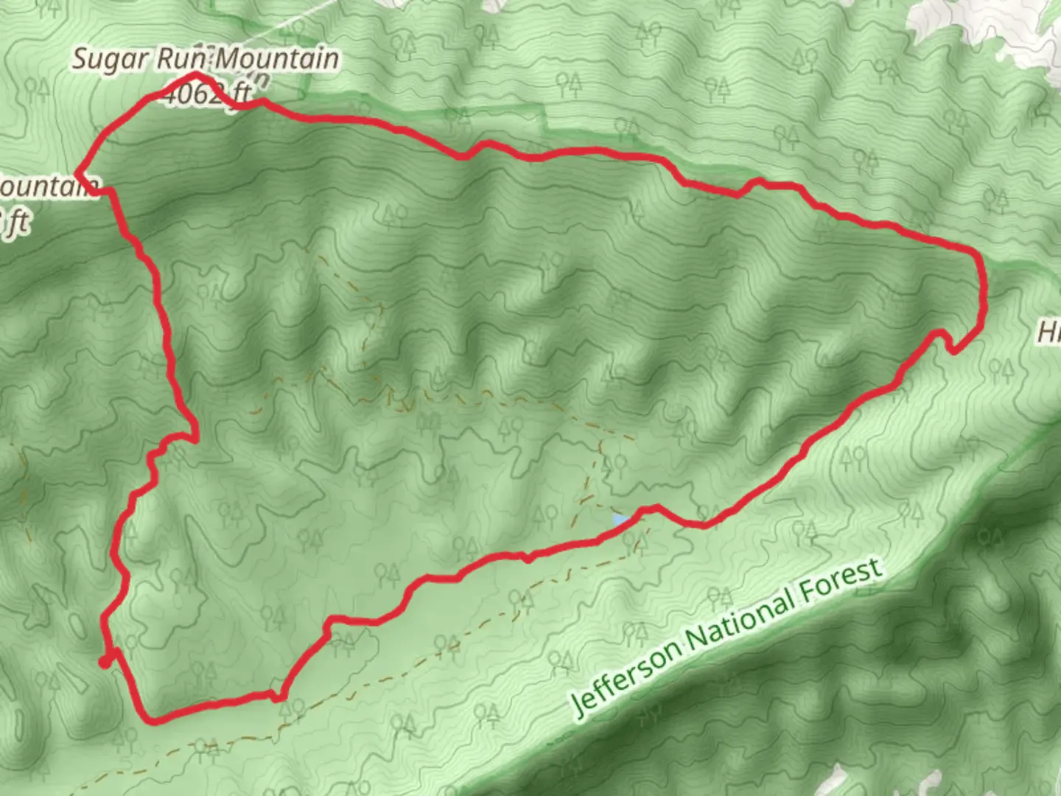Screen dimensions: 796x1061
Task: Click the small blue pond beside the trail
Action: [621, 521]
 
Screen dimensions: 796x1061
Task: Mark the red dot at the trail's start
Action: [105, 663]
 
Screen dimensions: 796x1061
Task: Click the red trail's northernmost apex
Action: [196, 75]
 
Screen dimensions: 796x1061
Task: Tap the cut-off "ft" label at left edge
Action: [16, 222]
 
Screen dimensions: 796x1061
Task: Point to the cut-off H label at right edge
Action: [1049, 332]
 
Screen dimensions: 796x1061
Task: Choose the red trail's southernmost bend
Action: [153, 720]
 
